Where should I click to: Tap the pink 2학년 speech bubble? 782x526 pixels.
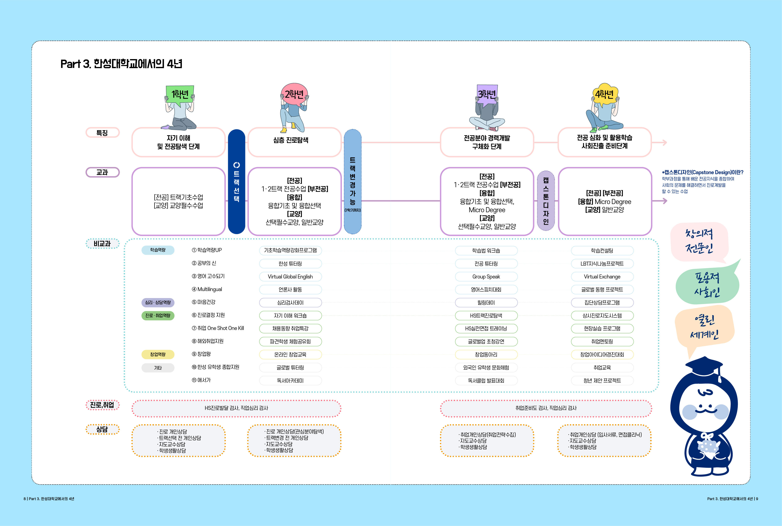[294, 94]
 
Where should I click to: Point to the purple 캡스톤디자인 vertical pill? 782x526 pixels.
[546, 201]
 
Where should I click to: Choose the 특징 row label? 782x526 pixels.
[102, 132]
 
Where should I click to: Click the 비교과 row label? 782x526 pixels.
[102, 244]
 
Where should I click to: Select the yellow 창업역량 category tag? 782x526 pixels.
[158, 354]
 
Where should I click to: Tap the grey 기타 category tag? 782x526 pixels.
[158, 368]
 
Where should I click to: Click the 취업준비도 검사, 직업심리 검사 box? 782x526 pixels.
[546, 408]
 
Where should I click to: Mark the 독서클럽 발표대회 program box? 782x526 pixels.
[486, 381]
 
